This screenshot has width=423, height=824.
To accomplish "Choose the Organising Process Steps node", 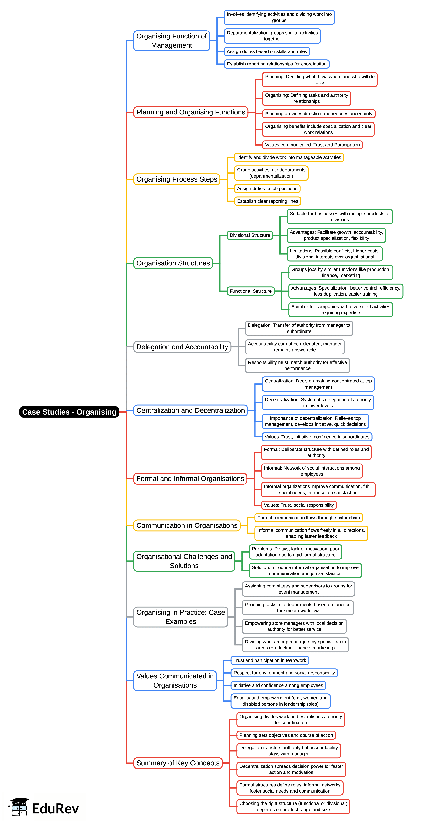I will tap(176, 179).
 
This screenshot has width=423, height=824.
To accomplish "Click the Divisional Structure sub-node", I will tap(250, 235).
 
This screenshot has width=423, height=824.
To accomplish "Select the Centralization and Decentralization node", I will tap(190, 410).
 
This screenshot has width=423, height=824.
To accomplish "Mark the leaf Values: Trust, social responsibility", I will tap(298, 505).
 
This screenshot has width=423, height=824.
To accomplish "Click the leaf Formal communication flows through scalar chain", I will tap(308, 518).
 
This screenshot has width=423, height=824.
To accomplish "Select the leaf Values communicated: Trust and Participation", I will tap(312, 145).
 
